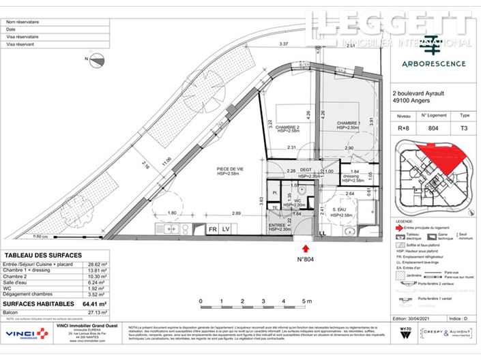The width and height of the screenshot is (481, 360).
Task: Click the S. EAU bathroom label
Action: pyautogui.click(x=340, y=210)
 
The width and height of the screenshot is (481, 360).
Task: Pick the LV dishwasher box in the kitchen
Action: pyautogui.click(x=227, y=229)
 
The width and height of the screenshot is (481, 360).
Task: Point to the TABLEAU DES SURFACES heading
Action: pyautogui.click(x=42, y=256)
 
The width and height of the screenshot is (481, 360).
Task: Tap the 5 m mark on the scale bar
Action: pyautogui.click(x=306, y=301)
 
